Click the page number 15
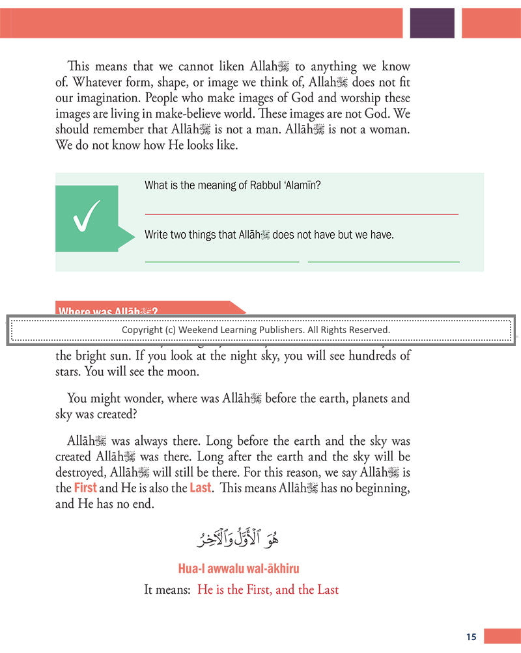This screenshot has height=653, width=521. (472, 637)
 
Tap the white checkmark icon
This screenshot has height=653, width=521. (87, 218)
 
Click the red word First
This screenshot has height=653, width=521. (85, 487)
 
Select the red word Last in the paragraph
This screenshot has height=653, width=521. (201, 487)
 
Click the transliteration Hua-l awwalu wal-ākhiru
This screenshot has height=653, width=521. (238, 569)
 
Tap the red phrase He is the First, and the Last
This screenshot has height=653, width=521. (268, 590)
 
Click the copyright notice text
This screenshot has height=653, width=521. (256, 330)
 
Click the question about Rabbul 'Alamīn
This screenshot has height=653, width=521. (232, 185)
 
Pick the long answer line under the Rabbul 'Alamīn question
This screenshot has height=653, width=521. (302, 214)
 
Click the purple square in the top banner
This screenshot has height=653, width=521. (432, 23)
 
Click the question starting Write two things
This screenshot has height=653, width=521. (269, 235)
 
